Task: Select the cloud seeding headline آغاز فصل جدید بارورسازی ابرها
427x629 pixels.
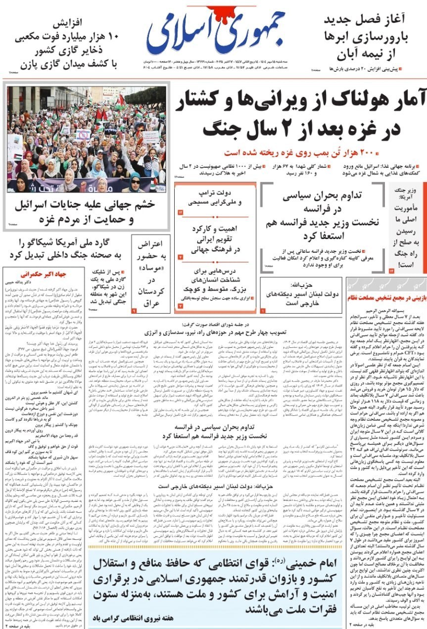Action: pos(365,37)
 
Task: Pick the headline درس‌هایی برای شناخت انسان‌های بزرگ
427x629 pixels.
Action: pos(215,280)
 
